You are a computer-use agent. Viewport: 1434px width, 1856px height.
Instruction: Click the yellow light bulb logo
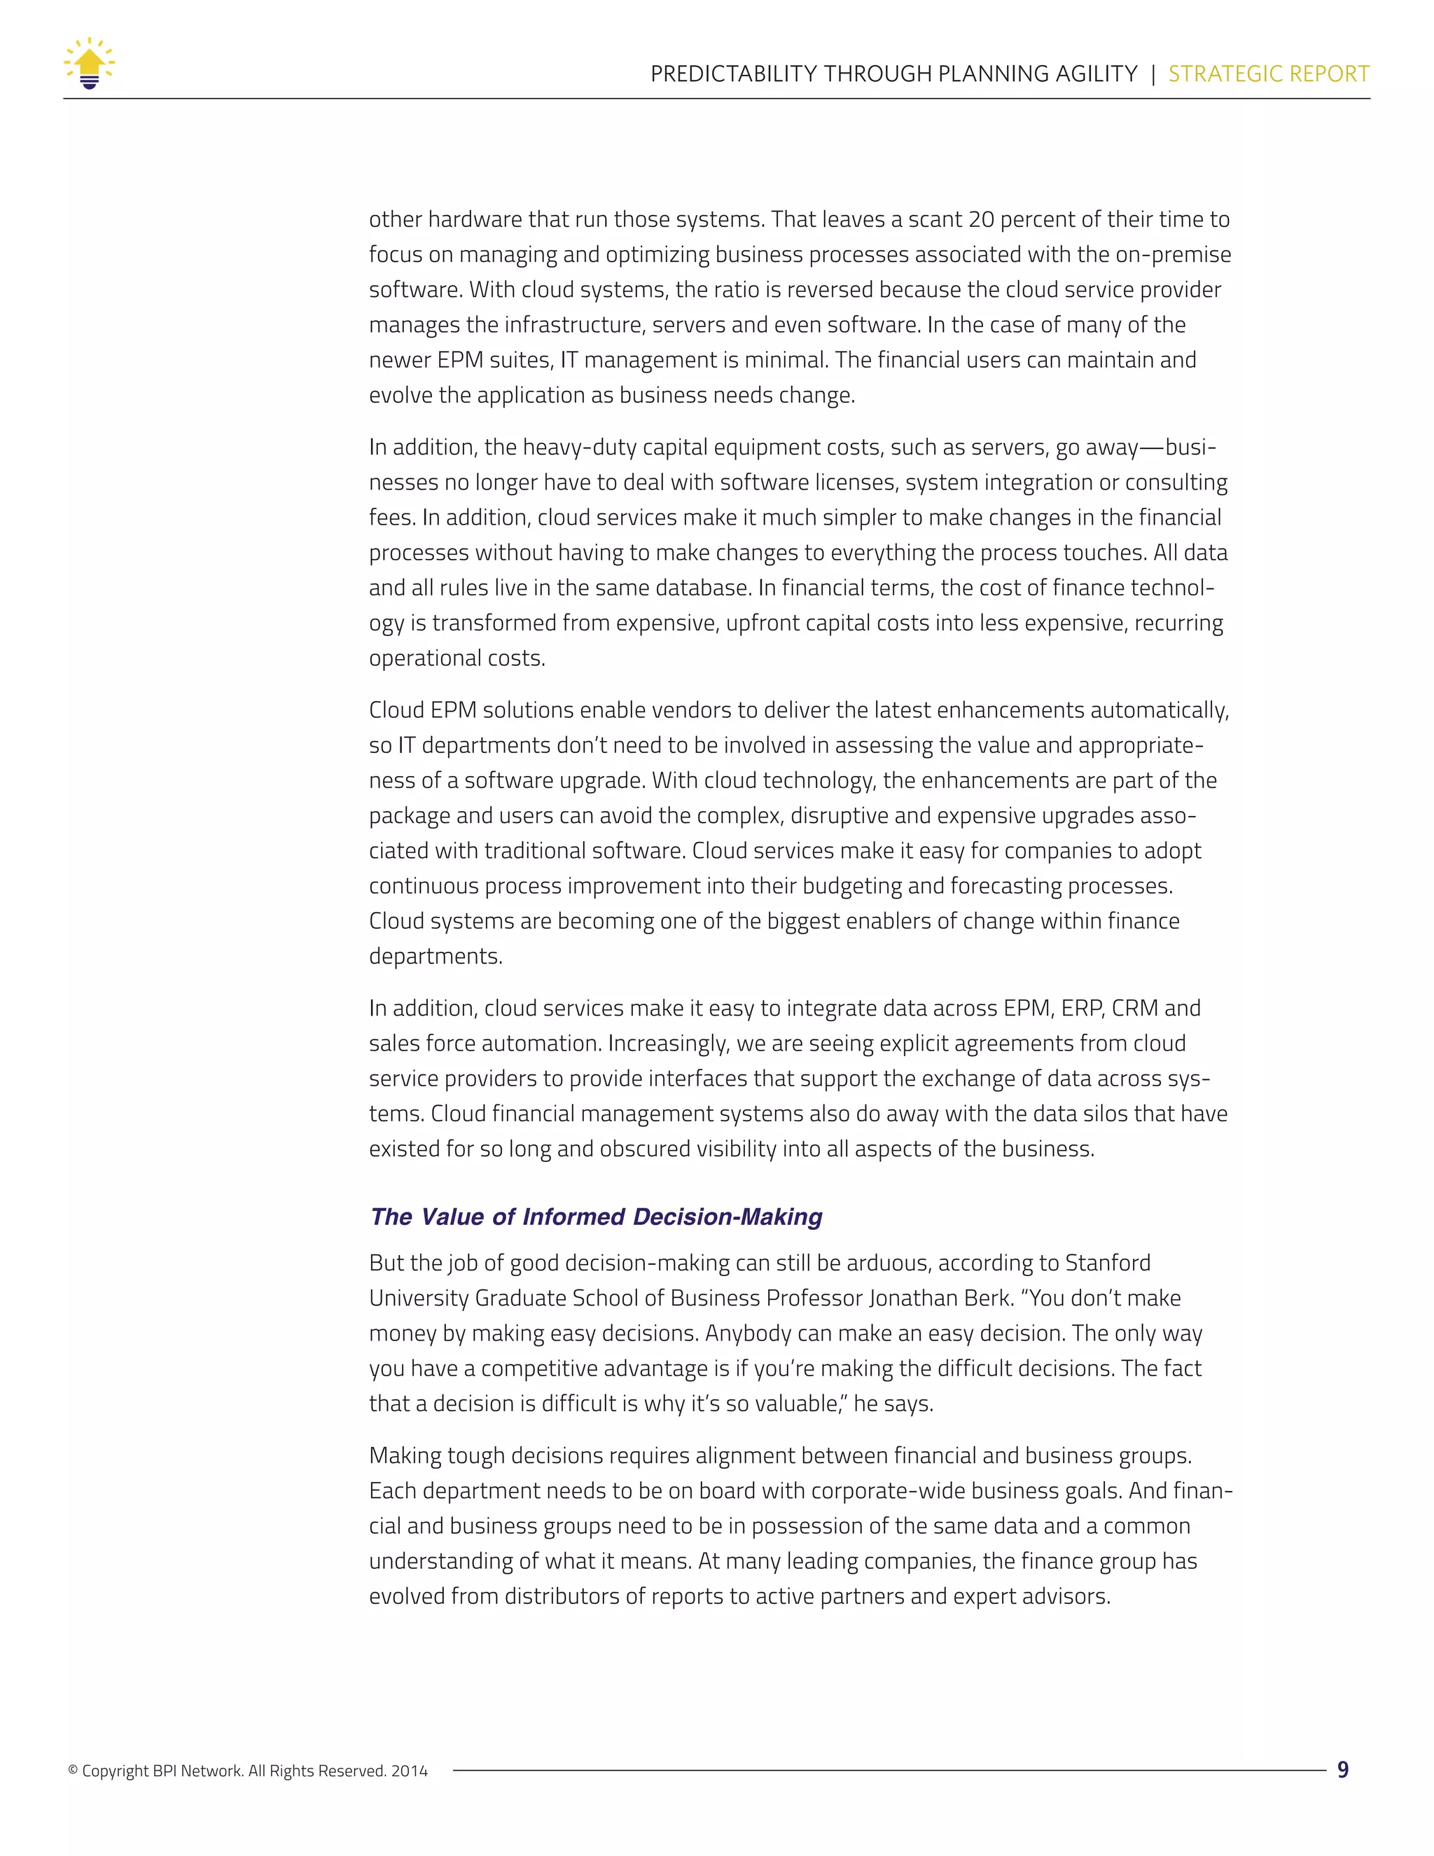pos(89,64)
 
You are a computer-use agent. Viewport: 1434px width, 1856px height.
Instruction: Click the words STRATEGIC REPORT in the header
pos(1268,74)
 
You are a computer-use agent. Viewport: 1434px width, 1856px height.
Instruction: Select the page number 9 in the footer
pos(1343,1770)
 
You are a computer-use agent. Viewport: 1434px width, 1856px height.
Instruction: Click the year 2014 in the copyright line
pos(410,1772)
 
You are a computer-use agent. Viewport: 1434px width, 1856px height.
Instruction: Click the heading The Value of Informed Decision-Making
pos(596,1217)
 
